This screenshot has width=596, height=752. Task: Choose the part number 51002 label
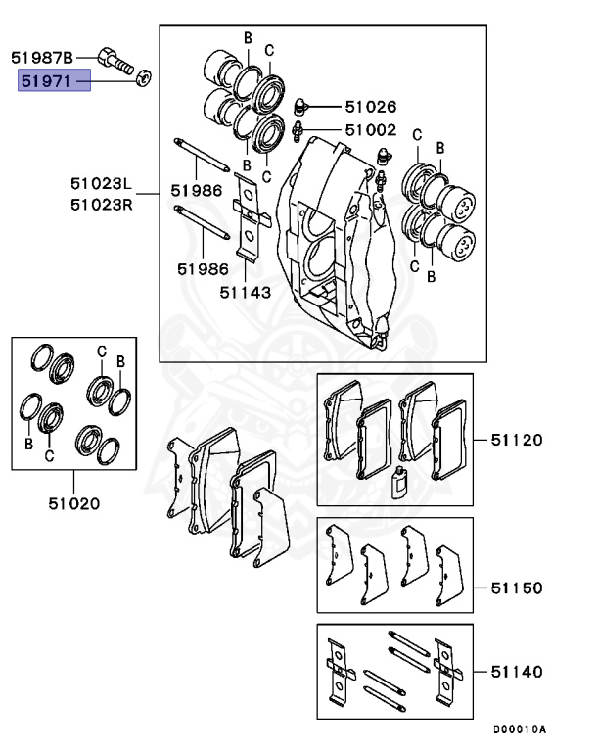pos(370,129)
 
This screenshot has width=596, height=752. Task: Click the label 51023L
pos(101,183)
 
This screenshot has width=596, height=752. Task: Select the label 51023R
pos(101,204)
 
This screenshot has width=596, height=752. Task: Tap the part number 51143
pos(245,291)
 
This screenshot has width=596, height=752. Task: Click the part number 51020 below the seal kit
pos(74,504)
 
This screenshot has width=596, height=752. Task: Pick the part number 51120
pos(517,440)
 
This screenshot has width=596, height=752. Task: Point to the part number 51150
pos(517,587)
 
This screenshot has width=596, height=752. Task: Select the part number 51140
pos(517,673)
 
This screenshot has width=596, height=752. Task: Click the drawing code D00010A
pos(519,729)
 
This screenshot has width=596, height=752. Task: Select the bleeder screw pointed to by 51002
pos(300,128)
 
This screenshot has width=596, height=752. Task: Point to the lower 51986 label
pos(203,267)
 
